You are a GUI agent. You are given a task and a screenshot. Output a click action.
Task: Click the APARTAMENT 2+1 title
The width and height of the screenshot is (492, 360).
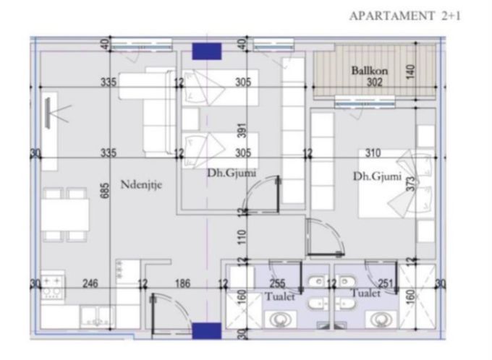point(404,16)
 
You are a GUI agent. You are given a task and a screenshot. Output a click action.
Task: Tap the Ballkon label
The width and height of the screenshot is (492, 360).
point(369,71)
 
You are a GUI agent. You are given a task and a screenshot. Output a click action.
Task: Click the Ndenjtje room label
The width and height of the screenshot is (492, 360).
point(141,185)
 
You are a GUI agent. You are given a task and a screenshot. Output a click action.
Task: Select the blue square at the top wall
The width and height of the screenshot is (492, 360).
point(207,51)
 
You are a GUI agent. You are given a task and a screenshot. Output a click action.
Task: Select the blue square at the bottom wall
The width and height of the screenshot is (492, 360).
point(207,331)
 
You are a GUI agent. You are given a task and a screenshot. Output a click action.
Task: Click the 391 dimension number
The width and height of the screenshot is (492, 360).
point(242,130)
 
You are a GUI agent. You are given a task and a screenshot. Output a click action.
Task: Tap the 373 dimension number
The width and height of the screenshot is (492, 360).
point(410,184)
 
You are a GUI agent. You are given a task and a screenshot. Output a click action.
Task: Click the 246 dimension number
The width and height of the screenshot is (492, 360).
point(90,283)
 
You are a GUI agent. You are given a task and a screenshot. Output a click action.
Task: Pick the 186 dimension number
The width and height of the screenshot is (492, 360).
point(182,283)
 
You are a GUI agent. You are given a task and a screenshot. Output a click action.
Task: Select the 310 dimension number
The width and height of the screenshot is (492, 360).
point(373,153)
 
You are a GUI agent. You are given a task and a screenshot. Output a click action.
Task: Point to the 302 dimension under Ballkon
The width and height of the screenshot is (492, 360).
point(375,82)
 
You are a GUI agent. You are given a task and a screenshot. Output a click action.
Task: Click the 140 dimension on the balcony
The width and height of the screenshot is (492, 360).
point(410,72)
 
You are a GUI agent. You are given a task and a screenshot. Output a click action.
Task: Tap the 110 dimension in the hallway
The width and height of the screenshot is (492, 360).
point(242,237)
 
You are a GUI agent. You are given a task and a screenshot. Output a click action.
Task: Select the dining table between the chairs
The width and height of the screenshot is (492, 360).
point(65,215)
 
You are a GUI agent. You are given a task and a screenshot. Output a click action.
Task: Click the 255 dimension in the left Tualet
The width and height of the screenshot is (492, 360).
point(278,283)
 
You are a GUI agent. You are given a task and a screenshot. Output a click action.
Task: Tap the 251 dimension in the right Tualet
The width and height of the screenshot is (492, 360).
point(386,283)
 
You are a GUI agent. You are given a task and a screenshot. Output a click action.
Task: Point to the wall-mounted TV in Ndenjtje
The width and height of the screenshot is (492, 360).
point(48,113)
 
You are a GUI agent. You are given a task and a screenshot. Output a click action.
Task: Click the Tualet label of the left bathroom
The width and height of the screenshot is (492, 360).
point(280,296)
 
